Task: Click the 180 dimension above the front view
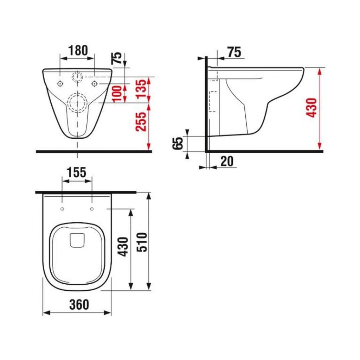click(77, 50)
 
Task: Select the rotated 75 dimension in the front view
click(117, 58)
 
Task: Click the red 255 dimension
click(141, 122)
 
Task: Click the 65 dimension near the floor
click(179, 144)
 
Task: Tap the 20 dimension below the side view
click(227, 162)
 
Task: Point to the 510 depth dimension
click(142, 242)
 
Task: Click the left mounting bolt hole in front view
click(60, 83)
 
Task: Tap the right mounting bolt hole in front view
click(94, 83)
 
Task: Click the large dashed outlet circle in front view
click(77, 102)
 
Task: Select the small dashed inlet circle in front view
click(77, 76)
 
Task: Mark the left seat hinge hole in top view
click(62, 209)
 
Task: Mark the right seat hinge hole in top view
click(92, 209)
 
